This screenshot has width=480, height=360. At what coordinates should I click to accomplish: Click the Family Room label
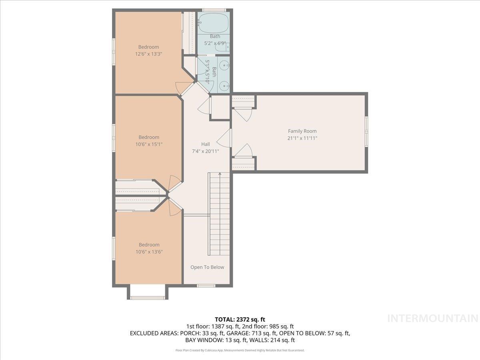[302, 131]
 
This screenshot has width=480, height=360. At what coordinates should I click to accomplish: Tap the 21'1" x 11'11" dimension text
[302, 138]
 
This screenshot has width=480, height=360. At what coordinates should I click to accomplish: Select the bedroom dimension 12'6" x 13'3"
[148, 54]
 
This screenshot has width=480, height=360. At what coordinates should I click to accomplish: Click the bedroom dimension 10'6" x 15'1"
[148, 144]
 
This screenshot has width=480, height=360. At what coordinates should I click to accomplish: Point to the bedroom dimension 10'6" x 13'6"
[148, 252]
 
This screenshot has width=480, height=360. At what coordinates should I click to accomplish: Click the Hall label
[205, 144]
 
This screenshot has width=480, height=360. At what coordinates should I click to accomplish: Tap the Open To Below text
[207, 267]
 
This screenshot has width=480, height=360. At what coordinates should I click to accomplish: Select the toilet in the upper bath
[221, 48]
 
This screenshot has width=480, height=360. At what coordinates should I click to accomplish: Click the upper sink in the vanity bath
[225, 64]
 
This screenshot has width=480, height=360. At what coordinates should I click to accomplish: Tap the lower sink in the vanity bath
[225, 85]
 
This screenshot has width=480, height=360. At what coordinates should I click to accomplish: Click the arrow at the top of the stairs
[220, 174]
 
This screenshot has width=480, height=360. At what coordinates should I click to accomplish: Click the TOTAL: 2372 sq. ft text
[240, 319]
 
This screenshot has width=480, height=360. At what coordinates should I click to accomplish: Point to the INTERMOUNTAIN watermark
[433, 318]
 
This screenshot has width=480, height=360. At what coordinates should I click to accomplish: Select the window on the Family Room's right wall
[366, 131]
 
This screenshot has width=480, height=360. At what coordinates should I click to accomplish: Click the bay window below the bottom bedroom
[148, 298]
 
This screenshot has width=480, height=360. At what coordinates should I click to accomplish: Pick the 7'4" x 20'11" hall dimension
[205, 151]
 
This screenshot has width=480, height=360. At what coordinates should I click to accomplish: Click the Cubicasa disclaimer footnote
[240, 350]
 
